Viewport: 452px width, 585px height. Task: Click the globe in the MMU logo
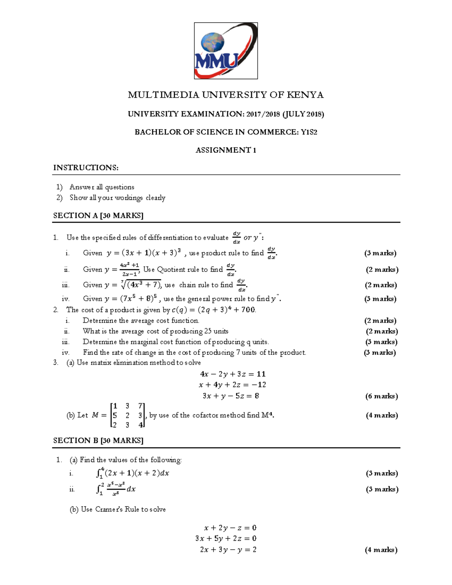pos(212,42)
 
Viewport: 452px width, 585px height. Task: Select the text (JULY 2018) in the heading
pos(303,114)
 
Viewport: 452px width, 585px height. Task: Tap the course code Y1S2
pos(309,132)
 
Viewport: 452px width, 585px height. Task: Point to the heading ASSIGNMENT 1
pos(226,150)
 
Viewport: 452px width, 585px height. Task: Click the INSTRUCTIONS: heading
pos(86,168)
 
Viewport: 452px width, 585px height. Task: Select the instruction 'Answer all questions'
pos(102,187)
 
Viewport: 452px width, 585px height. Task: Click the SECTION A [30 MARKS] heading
pos(98,216)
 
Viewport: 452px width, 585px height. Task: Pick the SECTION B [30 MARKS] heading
pos(98,441)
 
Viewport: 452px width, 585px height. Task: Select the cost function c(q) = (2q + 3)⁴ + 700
pos(214,310)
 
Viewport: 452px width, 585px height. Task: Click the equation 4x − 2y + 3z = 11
pos(233,374)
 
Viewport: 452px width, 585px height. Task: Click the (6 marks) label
pos(382,396)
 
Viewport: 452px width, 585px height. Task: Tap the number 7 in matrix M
pos(140,406)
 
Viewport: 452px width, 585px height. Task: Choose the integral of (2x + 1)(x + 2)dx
pos(133,473)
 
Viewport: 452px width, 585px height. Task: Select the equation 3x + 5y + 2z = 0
pos(226,539)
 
